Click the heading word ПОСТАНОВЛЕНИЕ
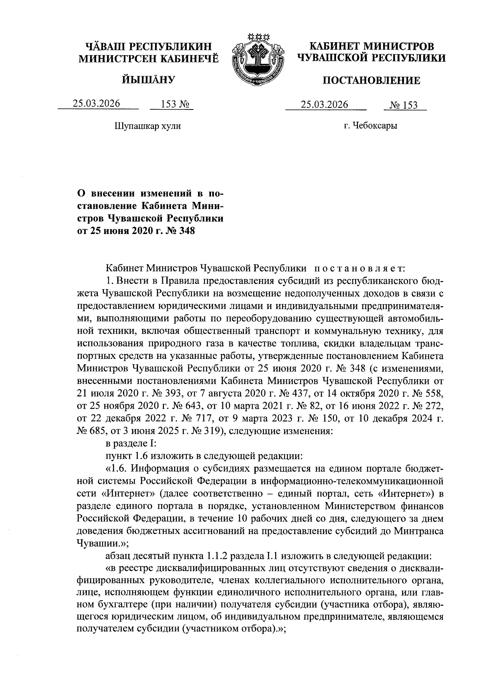(371, 81)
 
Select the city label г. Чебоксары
(371, 126)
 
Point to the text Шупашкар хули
(148, 126)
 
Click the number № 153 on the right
(403, 105)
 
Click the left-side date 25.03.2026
(97, 104)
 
